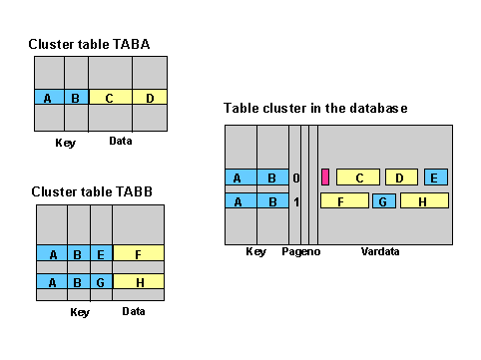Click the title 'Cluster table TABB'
click(x=91, y=190)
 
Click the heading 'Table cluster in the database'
click(x=315, y=108)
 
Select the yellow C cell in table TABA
click(x=110, y=98)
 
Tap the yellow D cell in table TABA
click(x=149, y=98)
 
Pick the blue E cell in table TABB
click(x=101, y=254)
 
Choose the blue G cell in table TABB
click(x=101, y=282)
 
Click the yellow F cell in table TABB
click(x=139, y=254)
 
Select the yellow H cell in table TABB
click(x=139, y=282)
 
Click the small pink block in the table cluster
click(x=325, y=178)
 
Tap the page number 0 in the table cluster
click(x=295, y=179)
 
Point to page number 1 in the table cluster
click(x=295, y=201)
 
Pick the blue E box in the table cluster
click(x=435, y=178)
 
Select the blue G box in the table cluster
click(x=384, y=201)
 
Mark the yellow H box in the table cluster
click(x=424, y=201)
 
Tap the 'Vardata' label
click(x=380, y=252)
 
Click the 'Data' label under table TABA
click(x=121, y=142)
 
